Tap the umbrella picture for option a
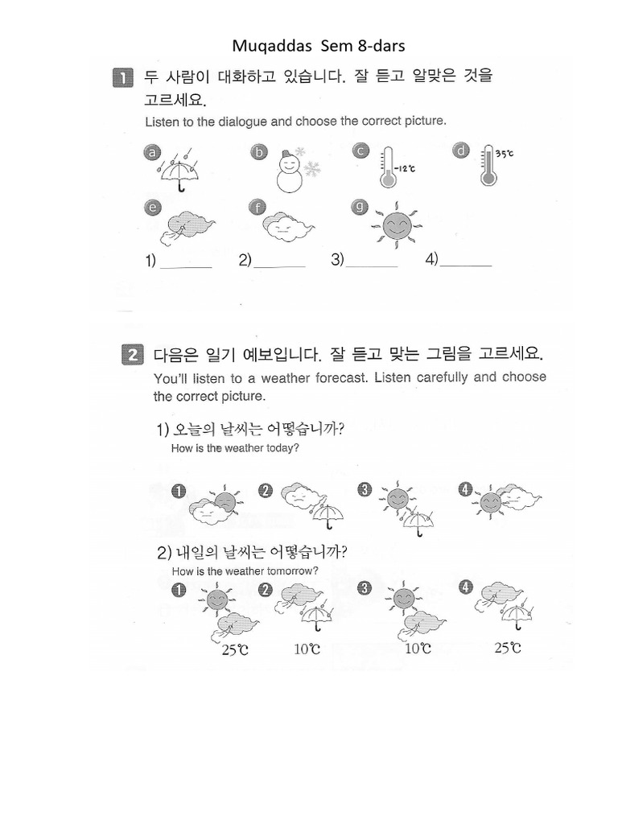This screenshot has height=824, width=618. [x=179, y=170]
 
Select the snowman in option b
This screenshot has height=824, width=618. [x=292, y=171]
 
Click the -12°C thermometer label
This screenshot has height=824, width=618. [x=407, y=168]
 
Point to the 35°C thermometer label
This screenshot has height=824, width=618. [x=505, y=153]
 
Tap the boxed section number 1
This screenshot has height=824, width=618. [x=122, y=78]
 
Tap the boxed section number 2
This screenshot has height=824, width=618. [x=131, y=355]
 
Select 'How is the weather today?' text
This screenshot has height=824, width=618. [x=235, y=448]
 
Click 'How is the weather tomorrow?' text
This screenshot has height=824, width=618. [x=245, y=571]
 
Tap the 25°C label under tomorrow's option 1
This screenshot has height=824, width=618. [x=234, y=649]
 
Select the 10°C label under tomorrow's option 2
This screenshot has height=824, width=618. [x=307, y=649]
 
